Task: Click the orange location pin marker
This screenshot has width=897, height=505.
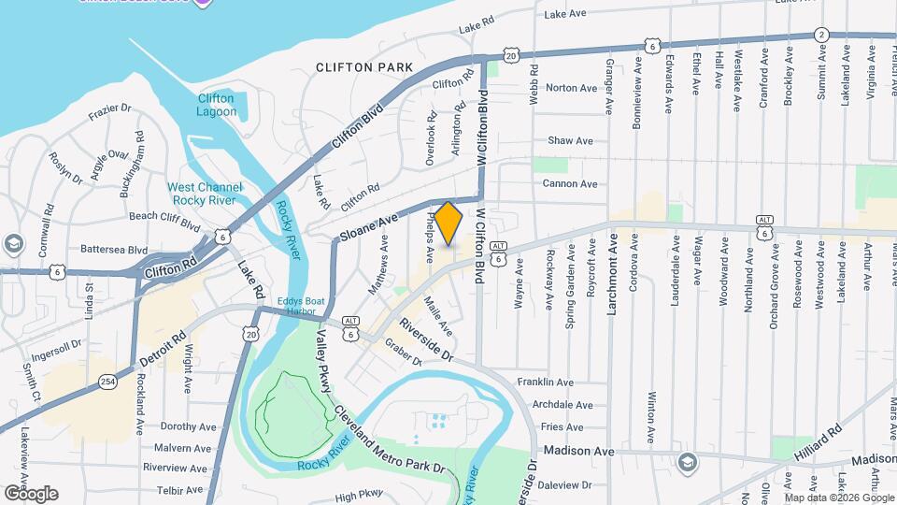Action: click(448, 224)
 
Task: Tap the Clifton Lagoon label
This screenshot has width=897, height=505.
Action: click(216, 105)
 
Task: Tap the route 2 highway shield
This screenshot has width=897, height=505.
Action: click(820, 34)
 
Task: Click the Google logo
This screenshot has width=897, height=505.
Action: click(30, 493)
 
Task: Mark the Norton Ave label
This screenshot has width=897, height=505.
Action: click(571, 88)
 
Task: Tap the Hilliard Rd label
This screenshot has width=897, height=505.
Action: click(826, 441)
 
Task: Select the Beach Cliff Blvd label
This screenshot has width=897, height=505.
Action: click(164, 221)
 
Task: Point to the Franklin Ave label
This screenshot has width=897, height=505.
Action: click(571, 382)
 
